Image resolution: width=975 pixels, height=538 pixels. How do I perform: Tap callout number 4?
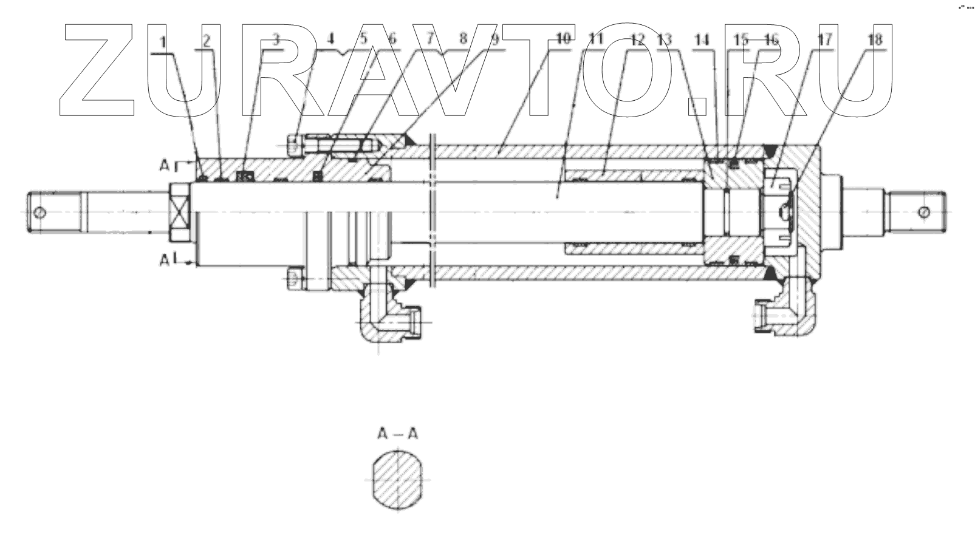330,39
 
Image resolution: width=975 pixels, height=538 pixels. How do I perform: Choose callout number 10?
563,39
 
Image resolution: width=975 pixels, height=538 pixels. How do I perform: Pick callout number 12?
637,41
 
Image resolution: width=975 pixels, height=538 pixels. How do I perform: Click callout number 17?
824,41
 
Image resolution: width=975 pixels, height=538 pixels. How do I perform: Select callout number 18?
874,41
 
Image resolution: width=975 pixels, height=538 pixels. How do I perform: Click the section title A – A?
398,434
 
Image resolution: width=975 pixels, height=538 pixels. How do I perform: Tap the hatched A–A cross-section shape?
398,483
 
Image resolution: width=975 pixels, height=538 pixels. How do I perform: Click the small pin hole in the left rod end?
40,213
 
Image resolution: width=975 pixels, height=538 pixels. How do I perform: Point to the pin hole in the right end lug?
923,212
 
